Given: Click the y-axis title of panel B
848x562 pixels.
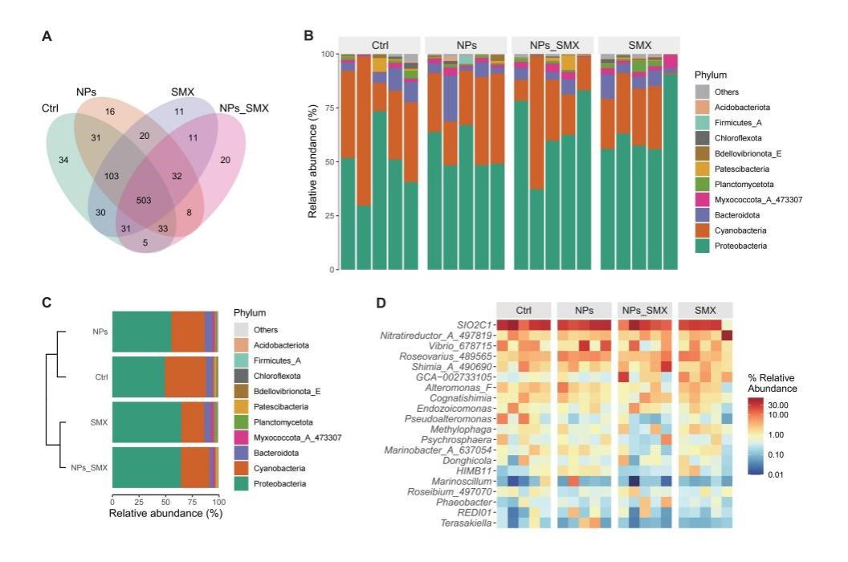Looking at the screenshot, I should pyautogui.click(x=313, y=161).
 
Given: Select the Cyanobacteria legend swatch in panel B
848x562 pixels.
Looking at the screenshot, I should pyautogui.click(x=705, y=229).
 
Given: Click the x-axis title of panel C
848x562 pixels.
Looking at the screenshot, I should pyautogui.click(x=165, y=512).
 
